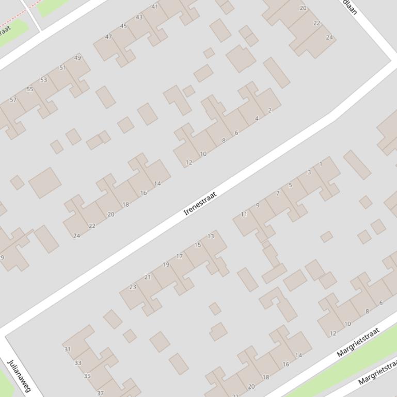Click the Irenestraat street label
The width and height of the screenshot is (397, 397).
coord(200,204)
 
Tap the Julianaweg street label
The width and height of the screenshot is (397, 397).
coord(19,375)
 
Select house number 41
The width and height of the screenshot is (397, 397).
coord(155,7)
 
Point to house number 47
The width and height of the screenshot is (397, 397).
coord(108,37)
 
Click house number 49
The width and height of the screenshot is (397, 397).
coord(77,57)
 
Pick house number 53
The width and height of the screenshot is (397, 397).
coord(43,79)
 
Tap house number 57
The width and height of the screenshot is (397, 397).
coord(13,100)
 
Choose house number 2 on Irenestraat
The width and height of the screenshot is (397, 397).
coord(270,110)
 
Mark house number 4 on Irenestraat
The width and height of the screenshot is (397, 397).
coord(257,119)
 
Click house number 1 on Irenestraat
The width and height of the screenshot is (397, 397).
coord(321,164)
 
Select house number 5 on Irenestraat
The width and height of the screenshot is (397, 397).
coord(290,185)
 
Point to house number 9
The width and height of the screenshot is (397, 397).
coord(258,205)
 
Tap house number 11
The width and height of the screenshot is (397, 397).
coord(244,214)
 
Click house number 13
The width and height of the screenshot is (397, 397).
coord(211,236)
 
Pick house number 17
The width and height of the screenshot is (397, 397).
coord(179,256)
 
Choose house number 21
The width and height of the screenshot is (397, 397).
coord(148,277)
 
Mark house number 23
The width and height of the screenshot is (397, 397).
coord(133,287)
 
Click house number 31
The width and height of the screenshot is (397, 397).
coord(67,349)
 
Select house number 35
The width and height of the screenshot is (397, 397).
coord(87,376)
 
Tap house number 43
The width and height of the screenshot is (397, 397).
coord(139,17)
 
